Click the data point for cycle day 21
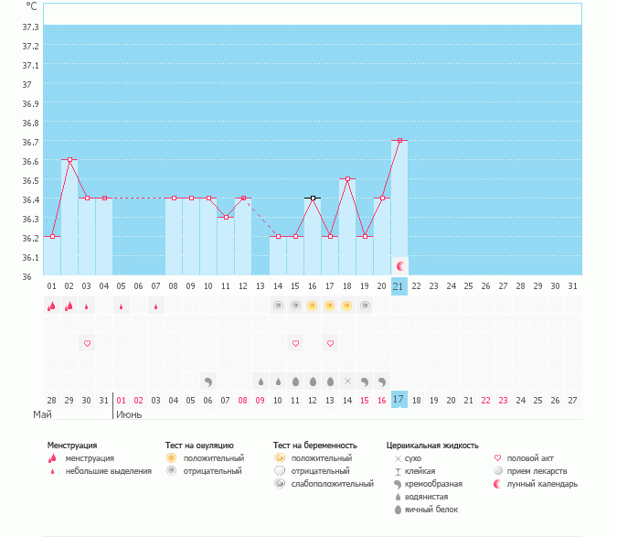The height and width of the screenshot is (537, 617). [x=399, y=140]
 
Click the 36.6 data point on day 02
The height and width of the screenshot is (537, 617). [x=69, y=159]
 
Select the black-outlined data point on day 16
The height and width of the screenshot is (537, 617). [x=313, y=198]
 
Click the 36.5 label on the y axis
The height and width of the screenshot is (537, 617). [x=30, y=180]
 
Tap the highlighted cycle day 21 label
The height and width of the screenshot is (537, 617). [x=399, y=285]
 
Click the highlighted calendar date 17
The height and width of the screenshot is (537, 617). [x=399, y=400]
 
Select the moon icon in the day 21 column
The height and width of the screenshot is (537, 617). [x=399, y=264]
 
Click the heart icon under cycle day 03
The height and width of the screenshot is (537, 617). [x=87, y=343]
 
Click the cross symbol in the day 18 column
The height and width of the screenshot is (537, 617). [x=347, y=381]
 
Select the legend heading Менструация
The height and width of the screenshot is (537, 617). [x=72, y=445]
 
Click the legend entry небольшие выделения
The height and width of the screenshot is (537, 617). [x=109, y=470]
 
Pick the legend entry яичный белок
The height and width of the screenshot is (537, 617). [x=436, y=509]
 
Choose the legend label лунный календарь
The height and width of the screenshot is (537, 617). [x=543, y=483]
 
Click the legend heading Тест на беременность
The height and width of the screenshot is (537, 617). [x=314, y=445]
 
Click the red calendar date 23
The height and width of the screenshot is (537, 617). [x=503, y=400]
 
